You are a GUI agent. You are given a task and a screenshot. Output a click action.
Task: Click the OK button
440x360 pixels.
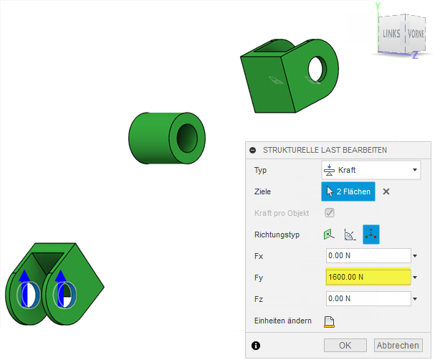(x=345, y=345)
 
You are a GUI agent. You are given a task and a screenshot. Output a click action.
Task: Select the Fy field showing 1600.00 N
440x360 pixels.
(x=368, y=277)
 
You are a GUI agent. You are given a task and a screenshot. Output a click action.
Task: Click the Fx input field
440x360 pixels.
(x=368, y=255)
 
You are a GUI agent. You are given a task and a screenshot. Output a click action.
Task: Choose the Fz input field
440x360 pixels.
(x=368, y=298)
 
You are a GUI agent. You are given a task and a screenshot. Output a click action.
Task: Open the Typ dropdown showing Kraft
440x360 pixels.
(x=370, y=170)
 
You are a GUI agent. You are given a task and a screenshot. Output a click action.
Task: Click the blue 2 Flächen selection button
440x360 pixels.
(x=348, y=191)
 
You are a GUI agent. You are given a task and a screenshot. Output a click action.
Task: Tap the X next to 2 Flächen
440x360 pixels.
(x=386, y=191)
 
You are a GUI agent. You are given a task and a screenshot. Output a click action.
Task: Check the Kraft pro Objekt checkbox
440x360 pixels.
(x=330, y=212)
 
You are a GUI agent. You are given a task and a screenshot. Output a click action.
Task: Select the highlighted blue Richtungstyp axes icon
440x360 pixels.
(x=371, y=235)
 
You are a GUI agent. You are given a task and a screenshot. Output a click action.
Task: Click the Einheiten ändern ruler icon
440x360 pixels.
(x=329, y=322)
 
